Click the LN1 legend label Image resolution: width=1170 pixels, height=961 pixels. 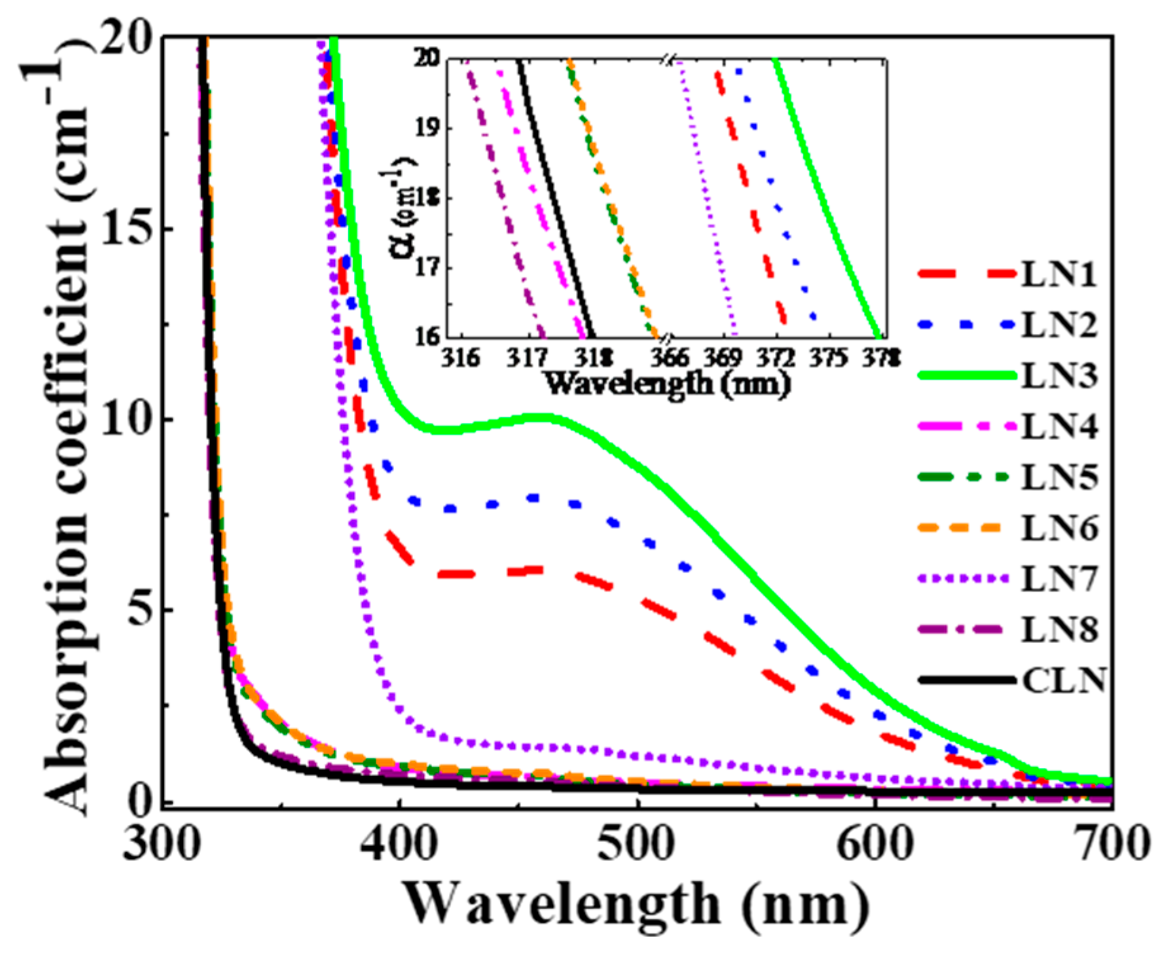coord(1058,275)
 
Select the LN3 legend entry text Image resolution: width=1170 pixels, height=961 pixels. coord(1058,376)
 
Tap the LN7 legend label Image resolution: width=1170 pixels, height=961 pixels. coord(1058,579)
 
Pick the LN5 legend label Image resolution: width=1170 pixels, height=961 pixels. coord(1058,477)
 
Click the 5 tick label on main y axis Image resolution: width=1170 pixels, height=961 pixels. coord(141,610)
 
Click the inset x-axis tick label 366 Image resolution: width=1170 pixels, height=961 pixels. coord(669,358)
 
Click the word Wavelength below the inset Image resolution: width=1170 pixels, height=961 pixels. coord(627,384)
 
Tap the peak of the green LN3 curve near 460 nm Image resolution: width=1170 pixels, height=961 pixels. coord(544,417)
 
